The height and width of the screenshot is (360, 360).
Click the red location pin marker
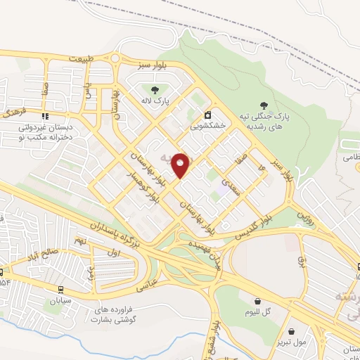click(x=181, y=165)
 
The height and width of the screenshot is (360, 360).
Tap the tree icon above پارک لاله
click(x=154, y=89)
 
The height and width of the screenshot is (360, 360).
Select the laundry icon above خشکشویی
click(x=207, y=115)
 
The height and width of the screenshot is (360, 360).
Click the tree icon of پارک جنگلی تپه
click(x=264, y=104)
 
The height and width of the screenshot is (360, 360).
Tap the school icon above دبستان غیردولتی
click(x=45, y=117)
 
